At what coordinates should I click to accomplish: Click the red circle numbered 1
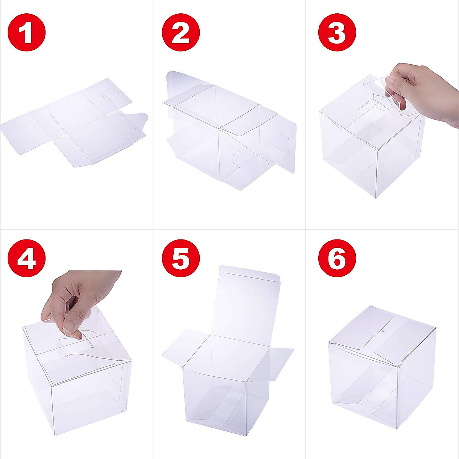(x=26, y=33)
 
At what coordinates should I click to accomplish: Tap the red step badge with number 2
(x=181, y=33)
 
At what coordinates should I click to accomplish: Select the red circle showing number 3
(x=337, y=33)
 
